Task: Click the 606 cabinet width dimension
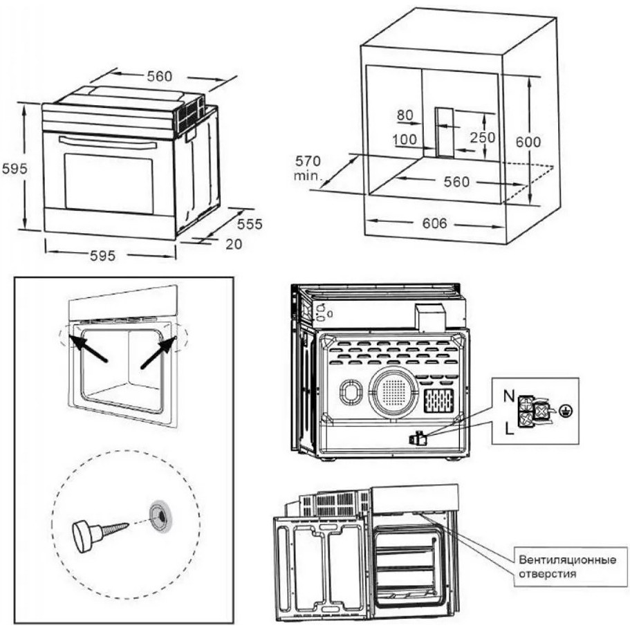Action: (434, 223)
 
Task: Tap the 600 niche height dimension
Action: (528, 142)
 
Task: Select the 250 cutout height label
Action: (483, 138)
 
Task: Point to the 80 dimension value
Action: (405, 115)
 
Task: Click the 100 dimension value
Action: (405, 140)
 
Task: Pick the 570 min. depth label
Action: (308, 168)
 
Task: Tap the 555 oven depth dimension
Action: (250, 224)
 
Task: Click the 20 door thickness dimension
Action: (234, 244)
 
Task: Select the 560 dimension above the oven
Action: (160, 76)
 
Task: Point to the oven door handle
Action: (108, 142)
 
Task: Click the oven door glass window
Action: (109, 183)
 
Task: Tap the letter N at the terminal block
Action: (509, 397)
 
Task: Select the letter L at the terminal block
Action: (509, 429)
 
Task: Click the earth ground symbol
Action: (567, 411)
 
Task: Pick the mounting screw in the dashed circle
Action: (100, 532)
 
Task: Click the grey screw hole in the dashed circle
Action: (160, 517)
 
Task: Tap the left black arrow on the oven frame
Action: (88, 349)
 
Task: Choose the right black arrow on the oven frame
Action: (158, 353)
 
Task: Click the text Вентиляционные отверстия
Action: (567, 566)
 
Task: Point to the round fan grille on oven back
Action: (394, 391)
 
